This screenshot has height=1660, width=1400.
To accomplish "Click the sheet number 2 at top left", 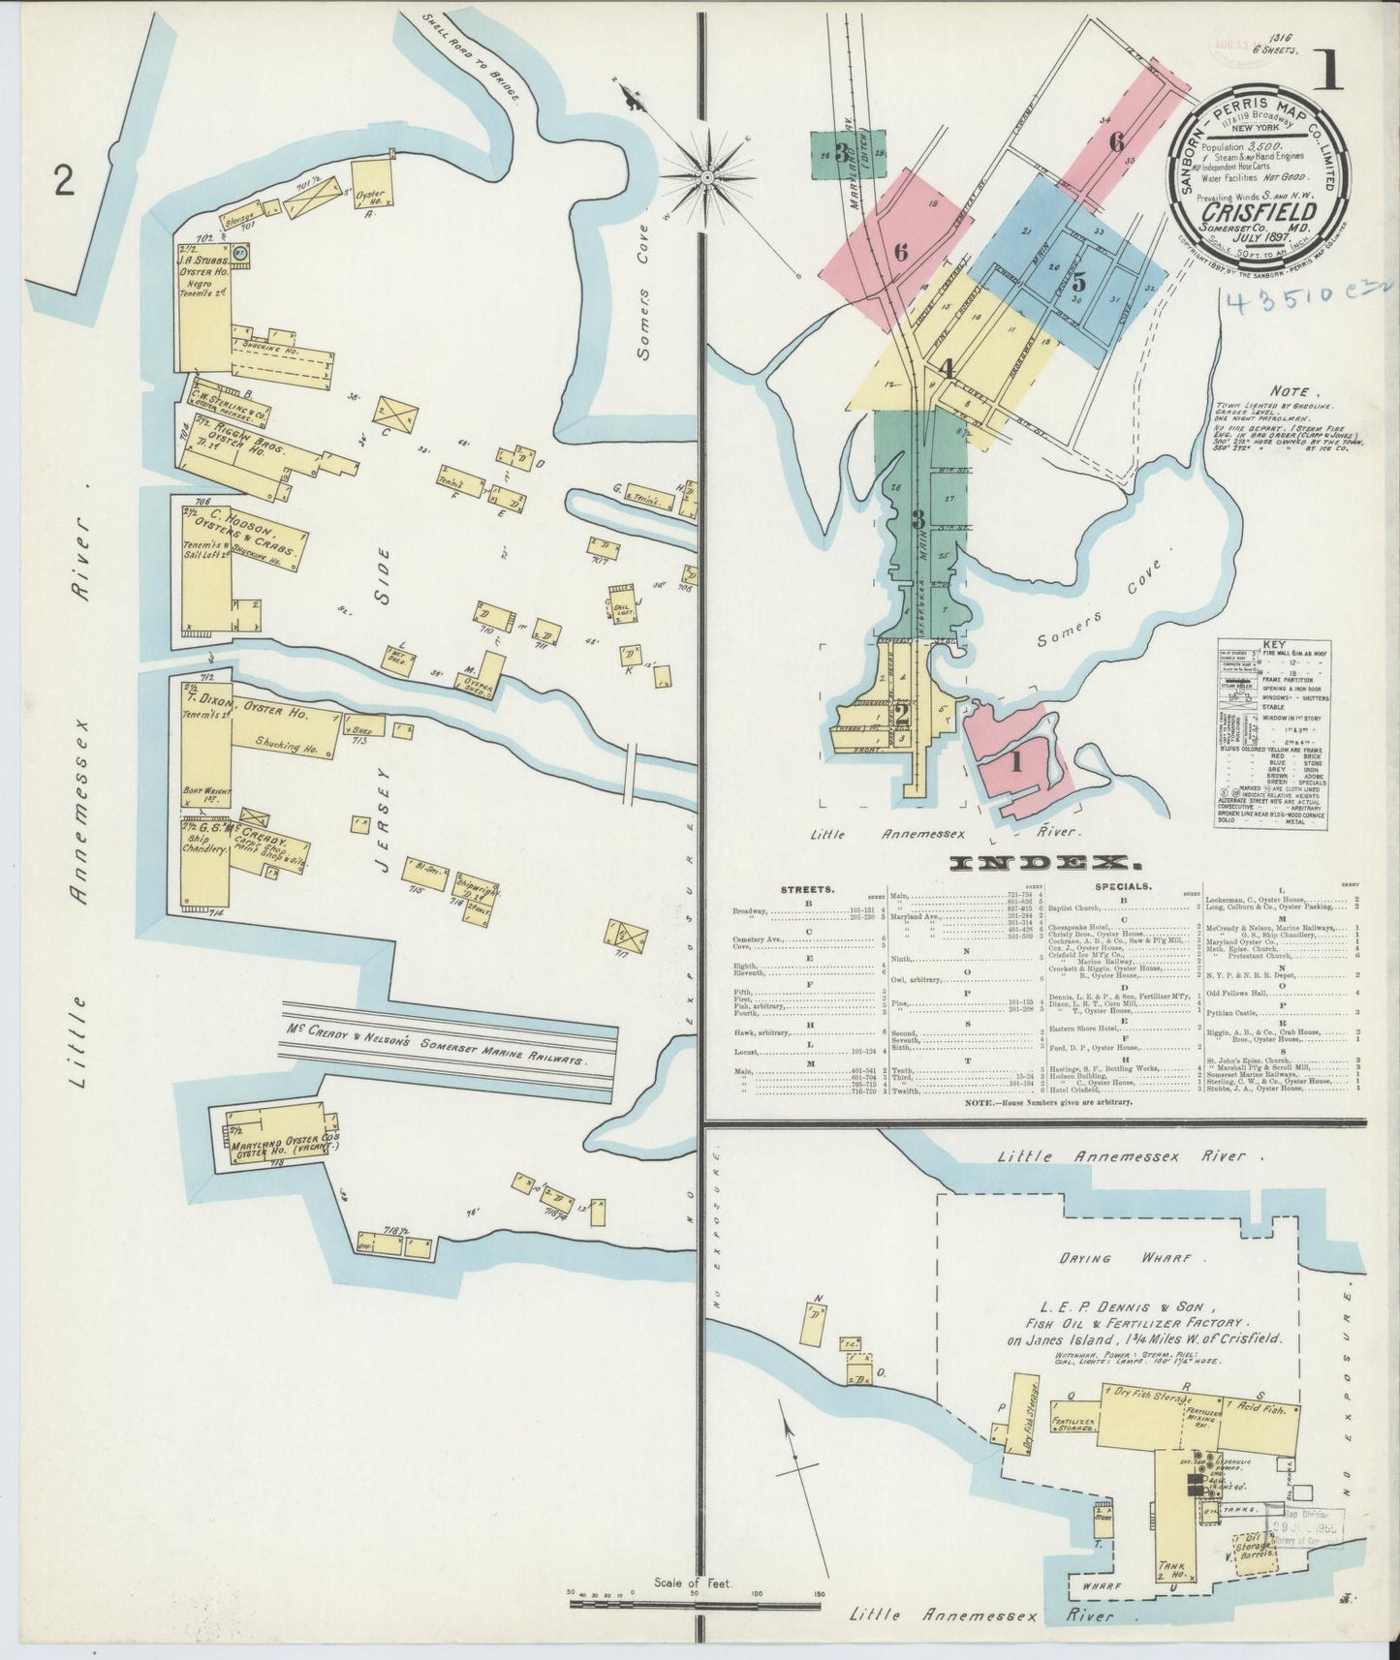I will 64,179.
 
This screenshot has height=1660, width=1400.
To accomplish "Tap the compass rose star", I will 707,177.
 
